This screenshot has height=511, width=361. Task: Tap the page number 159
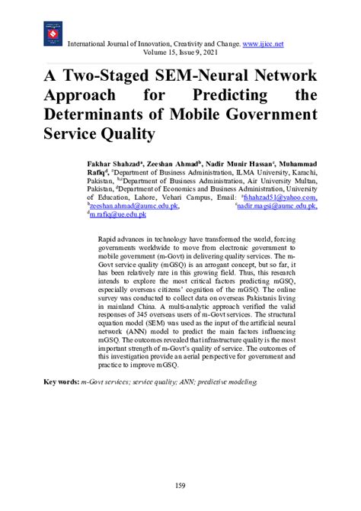pos(180,486)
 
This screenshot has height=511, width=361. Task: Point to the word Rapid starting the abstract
pos(109,239)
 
